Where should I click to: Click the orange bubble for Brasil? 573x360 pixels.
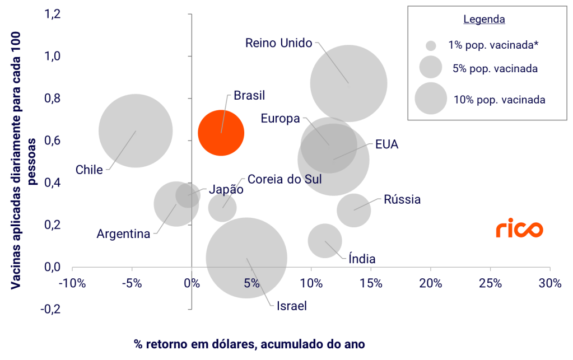[221, 133]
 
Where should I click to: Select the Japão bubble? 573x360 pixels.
[188, 195]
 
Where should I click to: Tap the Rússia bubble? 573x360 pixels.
[353, 210]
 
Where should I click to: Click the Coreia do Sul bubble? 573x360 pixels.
[222, 208]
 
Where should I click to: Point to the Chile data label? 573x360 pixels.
[89, 170]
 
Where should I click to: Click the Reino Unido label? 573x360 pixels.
[278, 43]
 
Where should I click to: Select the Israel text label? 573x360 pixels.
[291, 306]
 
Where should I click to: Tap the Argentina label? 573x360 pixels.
[123, 233]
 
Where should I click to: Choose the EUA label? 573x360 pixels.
[386, 144]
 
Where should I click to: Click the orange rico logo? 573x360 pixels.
[519, 230]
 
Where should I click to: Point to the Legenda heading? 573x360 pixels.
[485, 20]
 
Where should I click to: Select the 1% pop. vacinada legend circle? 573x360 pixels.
[431, 46]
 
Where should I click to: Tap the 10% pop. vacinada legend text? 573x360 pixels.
[499, 100]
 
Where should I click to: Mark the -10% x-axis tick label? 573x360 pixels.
[73, 283]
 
